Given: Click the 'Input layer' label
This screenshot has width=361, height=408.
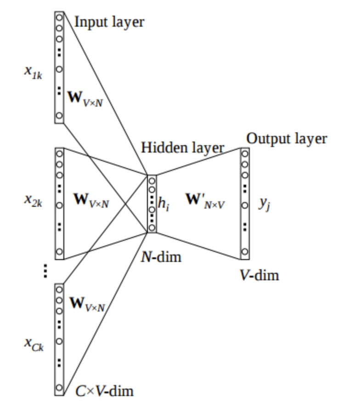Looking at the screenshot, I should pyautogui.click(x=109, y=22).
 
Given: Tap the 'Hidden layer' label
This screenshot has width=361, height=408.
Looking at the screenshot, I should pyautogui.click(x=182, y=147).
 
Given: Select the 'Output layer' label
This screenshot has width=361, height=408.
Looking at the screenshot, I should pyautogui.click(x=287, y=138).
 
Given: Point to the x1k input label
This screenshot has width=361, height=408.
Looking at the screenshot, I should pyautogui.click(x=34, y=72).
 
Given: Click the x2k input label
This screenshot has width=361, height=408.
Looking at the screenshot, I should pyautogui.click(x=33, y=201).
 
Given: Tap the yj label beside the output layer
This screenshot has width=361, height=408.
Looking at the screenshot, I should pyautogui.click(x=264, y=204).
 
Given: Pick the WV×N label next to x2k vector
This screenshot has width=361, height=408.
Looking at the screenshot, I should pyautogui.click(x=91, y=200).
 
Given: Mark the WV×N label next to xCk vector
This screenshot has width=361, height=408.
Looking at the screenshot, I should pyautogui.click(x=88, y=304).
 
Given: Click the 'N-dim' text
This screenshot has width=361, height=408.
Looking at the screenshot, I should pyautogui.click(x=161, y=256).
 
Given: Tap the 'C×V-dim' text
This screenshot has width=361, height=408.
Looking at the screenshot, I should pyautogui.click(x=104, y=391).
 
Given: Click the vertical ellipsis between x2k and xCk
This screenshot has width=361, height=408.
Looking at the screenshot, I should pyautogui.click(x=45, y=271).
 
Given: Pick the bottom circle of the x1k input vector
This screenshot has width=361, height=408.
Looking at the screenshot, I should pyautogui.click(x=59, y=115).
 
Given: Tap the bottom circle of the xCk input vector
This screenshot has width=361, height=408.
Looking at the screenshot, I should pyautogui.click(x=59, y=388).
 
